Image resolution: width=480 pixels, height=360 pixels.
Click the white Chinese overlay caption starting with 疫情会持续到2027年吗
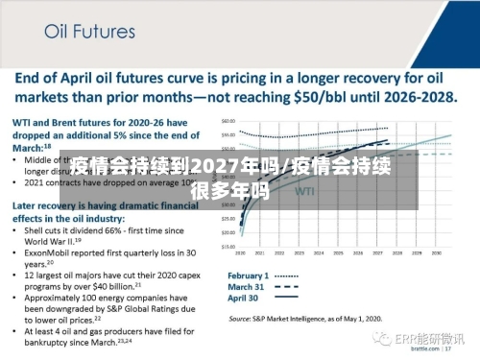240,179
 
